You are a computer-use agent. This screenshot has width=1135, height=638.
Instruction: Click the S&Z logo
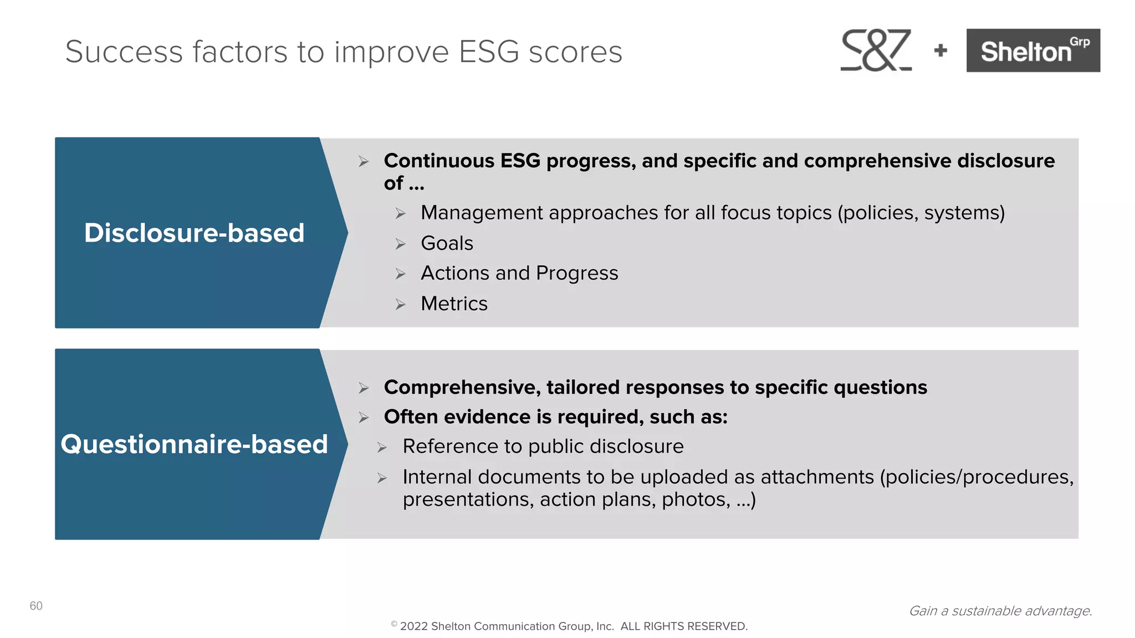coord(876,50)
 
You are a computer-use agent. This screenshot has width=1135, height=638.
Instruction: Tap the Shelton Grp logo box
coord(1033,50)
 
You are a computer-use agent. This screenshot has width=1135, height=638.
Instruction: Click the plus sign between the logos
coord(940,51)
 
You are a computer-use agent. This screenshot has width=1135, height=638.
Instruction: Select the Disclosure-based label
coord(194,233)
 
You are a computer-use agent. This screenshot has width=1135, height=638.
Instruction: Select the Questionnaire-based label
coord(194,444)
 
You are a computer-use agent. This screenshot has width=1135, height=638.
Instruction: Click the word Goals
coord(447,243)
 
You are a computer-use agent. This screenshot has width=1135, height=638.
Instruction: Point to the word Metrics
coord(454,303)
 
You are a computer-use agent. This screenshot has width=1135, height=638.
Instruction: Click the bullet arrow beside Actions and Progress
coord(401,274)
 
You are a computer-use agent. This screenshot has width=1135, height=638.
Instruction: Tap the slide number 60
coord(36,606)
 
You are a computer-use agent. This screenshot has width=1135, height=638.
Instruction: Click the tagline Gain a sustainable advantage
coord(1000,611)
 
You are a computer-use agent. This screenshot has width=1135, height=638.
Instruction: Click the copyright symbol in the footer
coord(394,624)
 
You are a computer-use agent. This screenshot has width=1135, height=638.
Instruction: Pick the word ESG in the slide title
coord(489,52)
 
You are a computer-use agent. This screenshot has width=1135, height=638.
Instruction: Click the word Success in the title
coord(124,52)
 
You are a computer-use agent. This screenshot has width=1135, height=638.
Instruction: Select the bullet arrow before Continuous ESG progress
coord(364,162)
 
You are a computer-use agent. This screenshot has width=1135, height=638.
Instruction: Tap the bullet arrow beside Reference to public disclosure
coord(382,447)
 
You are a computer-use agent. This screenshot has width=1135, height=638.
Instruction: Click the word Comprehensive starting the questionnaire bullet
coord(462,387)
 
